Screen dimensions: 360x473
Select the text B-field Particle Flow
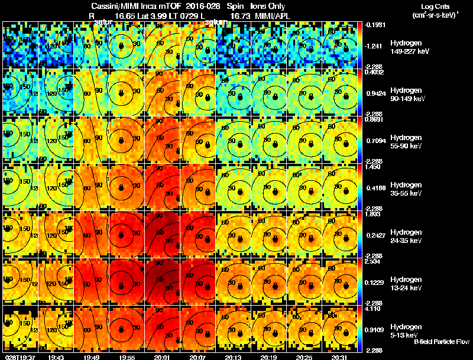pos(442,342)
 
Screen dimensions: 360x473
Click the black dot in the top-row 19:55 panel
pos(121,46)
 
